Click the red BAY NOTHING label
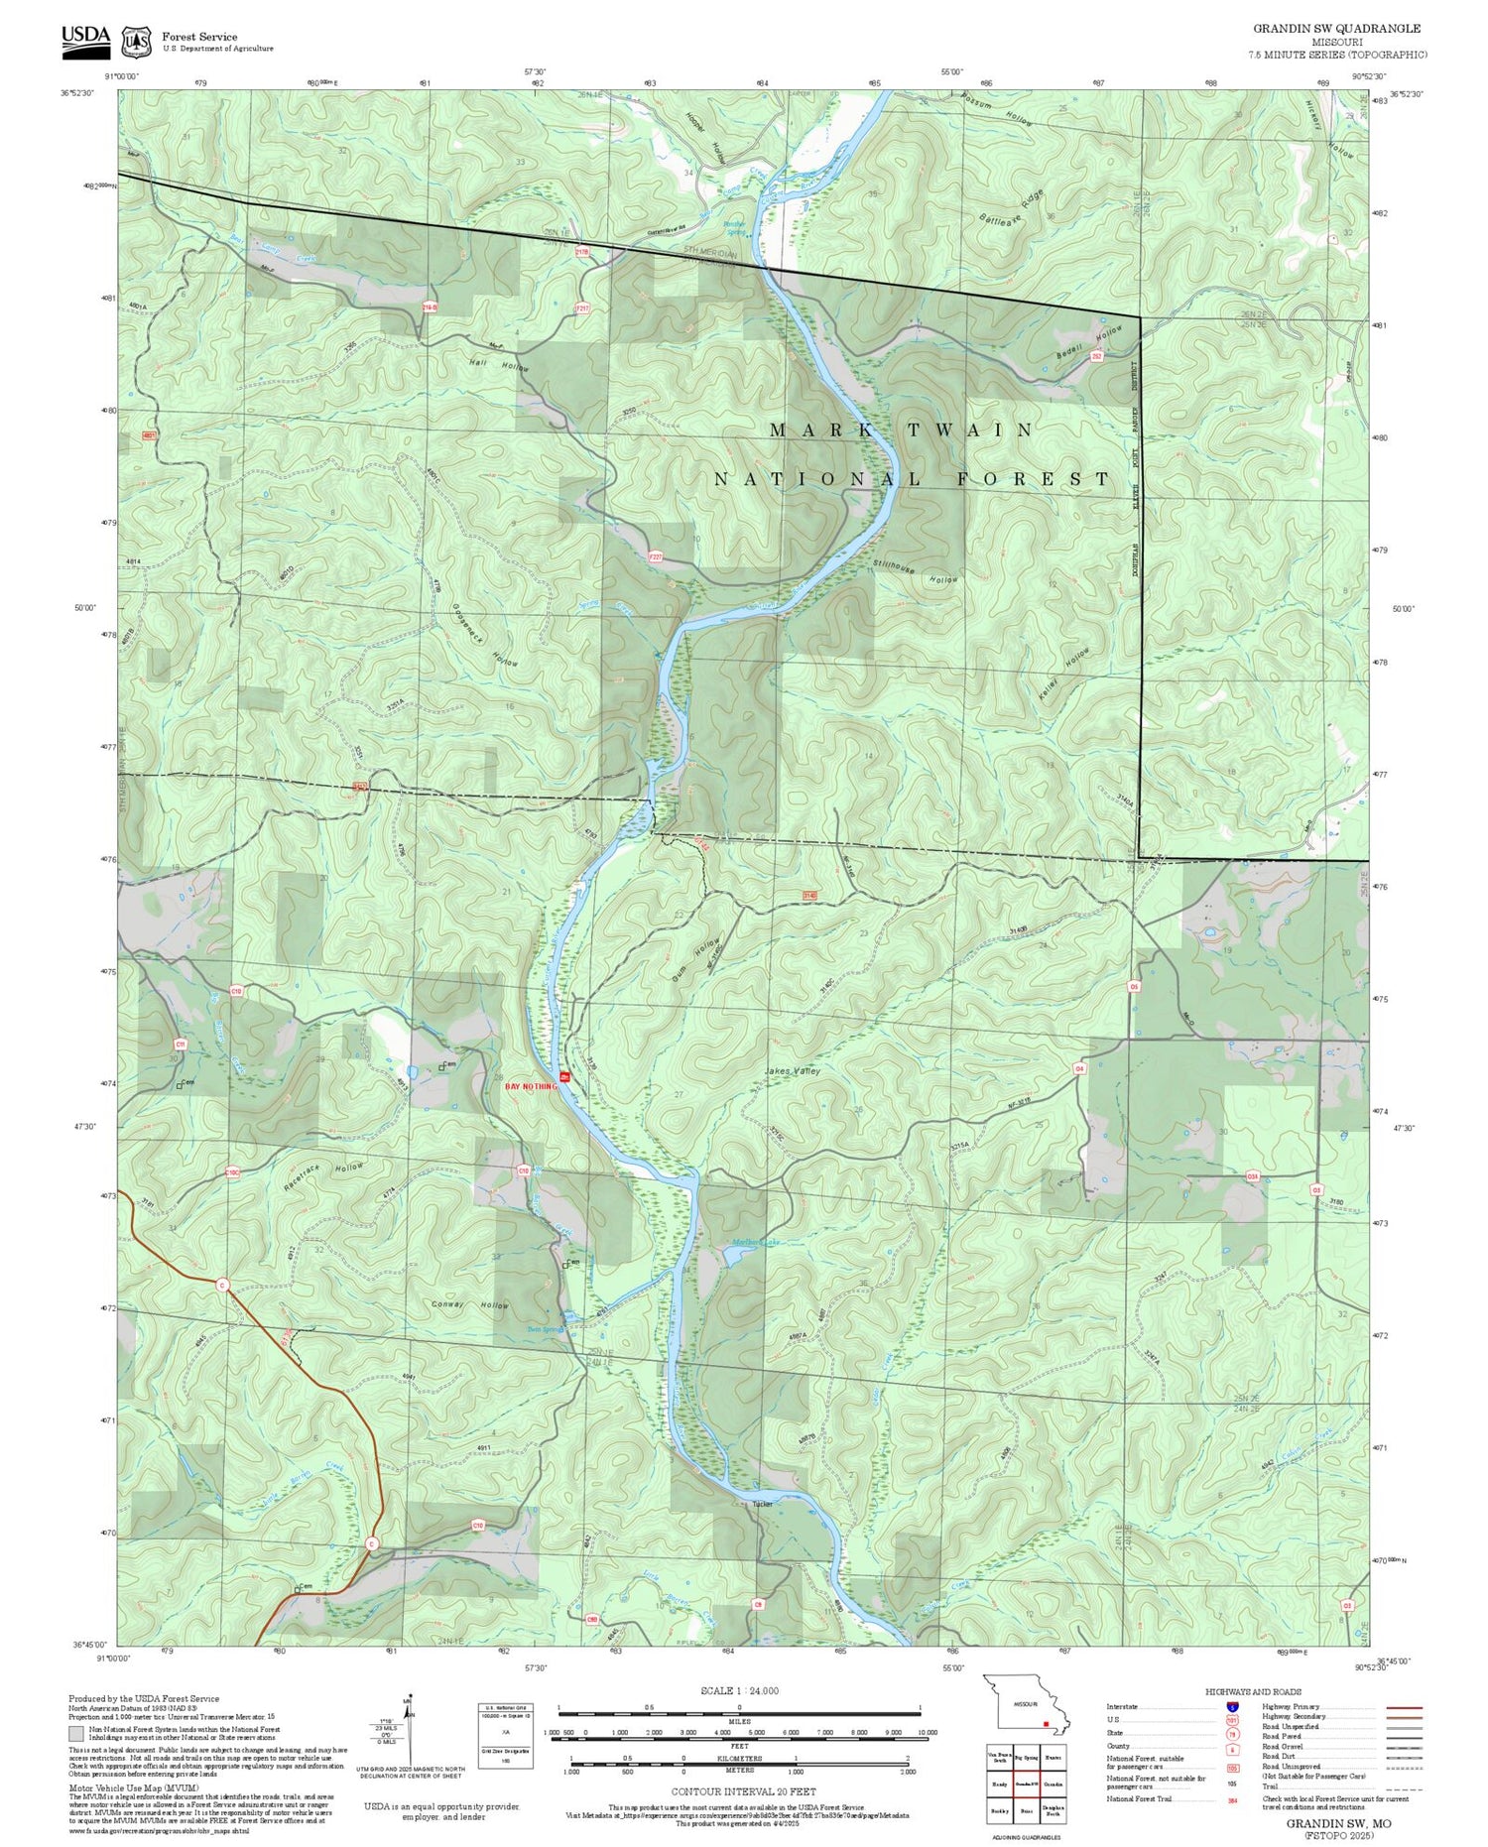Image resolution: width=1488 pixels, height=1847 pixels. click(532, 1086)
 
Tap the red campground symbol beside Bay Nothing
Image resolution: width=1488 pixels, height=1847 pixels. click(564, 1077)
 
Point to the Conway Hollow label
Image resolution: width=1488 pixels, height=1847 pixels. click(470, 1304)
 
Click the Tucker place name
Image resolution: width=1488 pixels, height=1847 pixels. click(762, 1504)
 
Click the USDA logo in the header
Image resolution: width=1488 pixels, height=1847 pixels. click(86, 38)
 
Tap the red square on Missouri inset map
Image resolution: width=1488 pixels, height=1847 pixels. click(1046, 1724)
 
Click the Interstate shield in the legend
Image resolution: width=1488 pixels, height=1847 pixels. click(1232, 1707)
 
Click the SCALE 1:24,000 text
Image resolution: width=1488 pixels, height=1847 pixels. click(739, 1690)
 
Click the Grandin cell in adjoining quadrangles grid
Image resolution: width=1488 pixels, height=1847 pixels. click(1053, 1784)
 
